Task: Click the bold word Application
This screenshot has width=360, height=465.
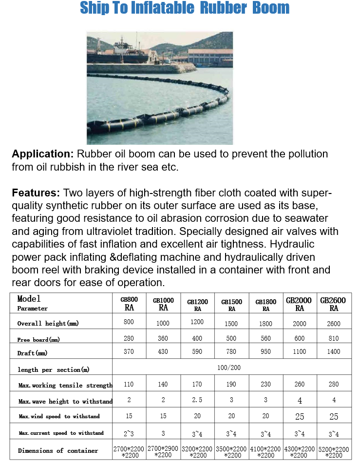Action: (x=42, y=154)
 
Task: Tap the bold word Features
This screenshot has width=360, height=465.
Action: (x=36, y=193)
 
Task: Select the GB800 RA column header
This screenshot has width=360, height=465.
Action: (x=129, y=304)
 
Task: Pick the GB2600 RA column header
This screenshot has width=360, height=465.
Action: (x=333, y=304)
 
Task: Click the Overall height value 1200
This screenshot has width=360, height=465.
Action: (x=197, y=322)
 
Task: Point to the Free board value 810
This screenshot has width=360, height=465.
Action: (x=334, y=338)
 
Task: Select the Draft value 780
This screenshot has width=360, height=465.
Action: (x=231, y=351)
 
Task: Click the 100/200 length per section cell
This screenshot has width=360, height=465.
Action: (x=231, y=368)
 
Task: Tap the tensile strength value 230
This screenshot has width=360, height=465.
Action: (x=265, y=384)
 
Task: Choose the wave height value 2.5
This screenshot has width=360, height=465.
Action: (x=197, y=400)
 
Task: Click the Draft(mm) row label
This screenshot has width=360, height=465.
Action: (x=32, y=352)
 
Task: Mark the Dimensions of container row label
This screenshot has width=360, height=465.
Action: (x=58, y=450)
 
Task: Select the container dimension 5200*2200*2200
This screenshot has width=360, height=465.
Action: (x=334, y=452)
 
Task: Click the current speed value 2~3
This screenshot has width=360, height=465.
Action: (x=129, y=433)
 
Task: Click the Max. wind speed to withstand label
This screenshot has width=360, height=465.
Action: (x=59, y=417)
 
